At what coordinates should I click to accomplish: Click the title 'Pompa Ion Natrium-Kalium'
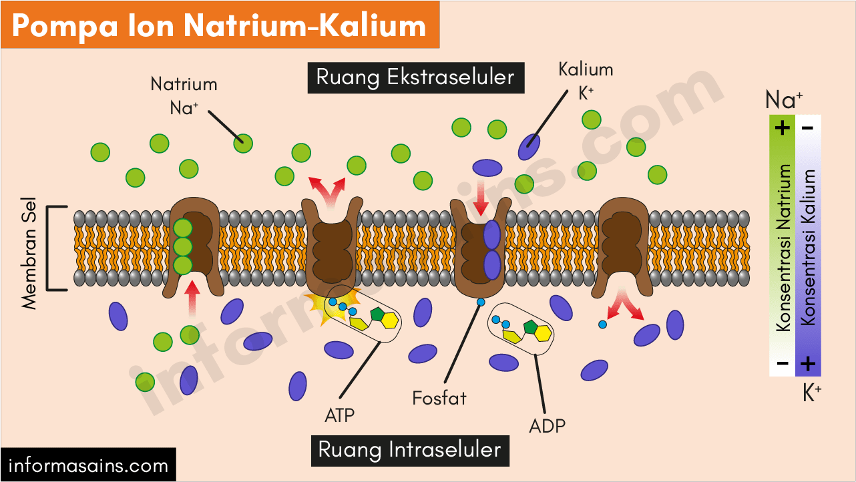[x=219, y=25]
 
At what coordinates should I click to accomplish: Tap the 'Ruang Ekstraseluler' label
[x=415, y=77]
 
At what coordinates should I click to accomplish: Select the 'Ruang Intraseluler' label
[x=409, y=449]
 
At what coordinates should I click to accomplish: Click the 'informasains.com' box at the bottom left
[x=88, y=465]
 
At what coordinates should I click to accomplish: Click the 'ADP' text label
[x=546, y=425]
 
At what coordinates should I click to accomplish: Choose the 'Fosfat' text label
[x=439, y=399]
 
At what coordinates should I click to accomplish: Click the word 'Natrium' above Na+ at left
[x=184, y=85]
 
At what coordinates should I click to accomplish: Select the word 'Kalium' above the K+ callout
[x=586, y=69]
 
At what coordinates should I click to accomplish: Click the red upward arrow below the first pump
[x=192, y=298]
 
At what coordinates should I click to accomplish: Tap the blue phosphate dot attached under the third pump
[x=480, y=303]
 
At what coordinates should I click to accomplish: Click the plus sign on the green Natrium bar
[x=783, y=127]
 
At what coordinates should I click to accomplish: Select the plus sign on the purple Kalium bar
[x=808, y=364]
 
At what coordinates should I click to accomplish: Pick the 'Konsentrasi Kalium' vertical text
[x=809, y=247]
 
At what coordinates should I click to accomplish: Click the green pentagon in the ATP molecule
[x=378, y=313]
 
